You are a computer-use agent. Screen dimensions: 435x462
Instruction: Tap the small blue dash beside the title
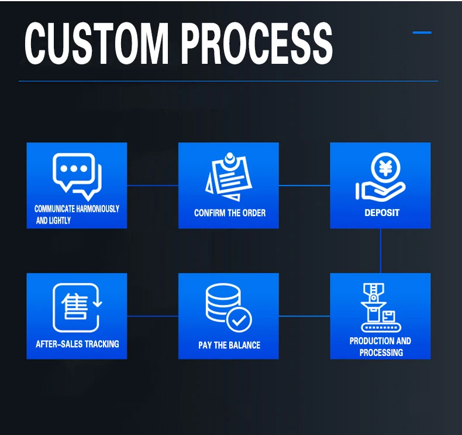click(x=422, y=33)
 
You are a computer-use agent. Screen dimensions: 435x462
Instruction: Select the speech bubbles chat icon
click(x=77, y=174)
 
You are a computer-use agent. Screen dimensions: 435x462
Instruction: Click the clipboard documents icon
click(x=228, y=175)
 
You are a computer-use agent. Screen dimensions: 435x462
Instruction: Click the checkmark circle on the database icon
click(x=239, y=320)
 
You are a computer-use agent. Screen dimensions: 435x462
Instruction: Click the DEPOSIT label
click(x=382, y=213)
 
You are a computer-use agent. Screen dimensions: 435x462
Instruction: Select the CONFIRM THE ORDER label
click(x=229, y=213)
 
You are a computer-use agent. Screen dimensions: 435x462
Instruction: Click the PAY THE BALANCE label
click(x=229, y=345)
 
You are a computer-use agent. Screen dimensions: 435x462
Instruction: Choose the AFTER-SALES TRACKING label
click(x=77, y=344)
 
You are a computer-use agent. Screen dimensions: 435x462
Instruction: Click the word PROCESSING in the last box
click(x=381, y=352)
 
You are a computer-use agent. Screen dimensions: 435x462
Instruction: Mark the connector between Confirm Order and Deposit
click(x=304, y=186)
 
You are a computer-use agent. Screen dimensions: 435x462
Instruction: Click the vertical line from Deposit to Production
click(x=381, y=251)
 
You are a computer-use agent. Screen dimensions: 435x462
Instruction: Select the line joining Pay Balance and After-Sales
click(x=153, y=316)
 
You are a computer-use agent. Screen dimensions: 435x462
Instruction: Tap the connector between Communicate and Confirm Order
click(x=153, y=186)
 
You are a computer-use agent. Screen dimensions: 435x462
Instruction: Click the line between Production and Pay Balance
click(x=304, y=316)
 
